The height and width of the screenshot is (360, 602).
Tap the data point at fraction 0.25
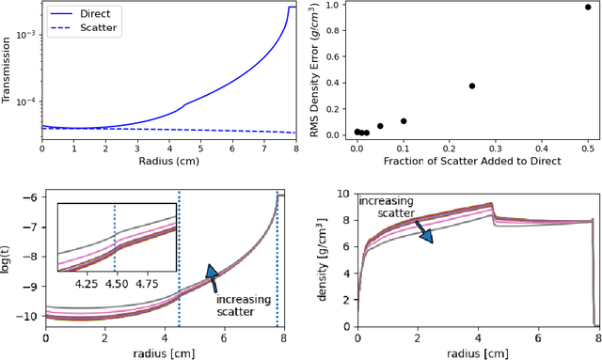tap(472, 86)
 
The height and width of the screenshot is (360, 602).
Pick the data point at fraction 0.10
tap(403, 121)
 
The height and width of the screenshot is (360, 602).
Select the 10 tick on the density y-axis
tap(341, 196)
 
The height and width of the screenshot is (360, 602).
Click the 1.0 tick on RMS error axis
tap(335, 6)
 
